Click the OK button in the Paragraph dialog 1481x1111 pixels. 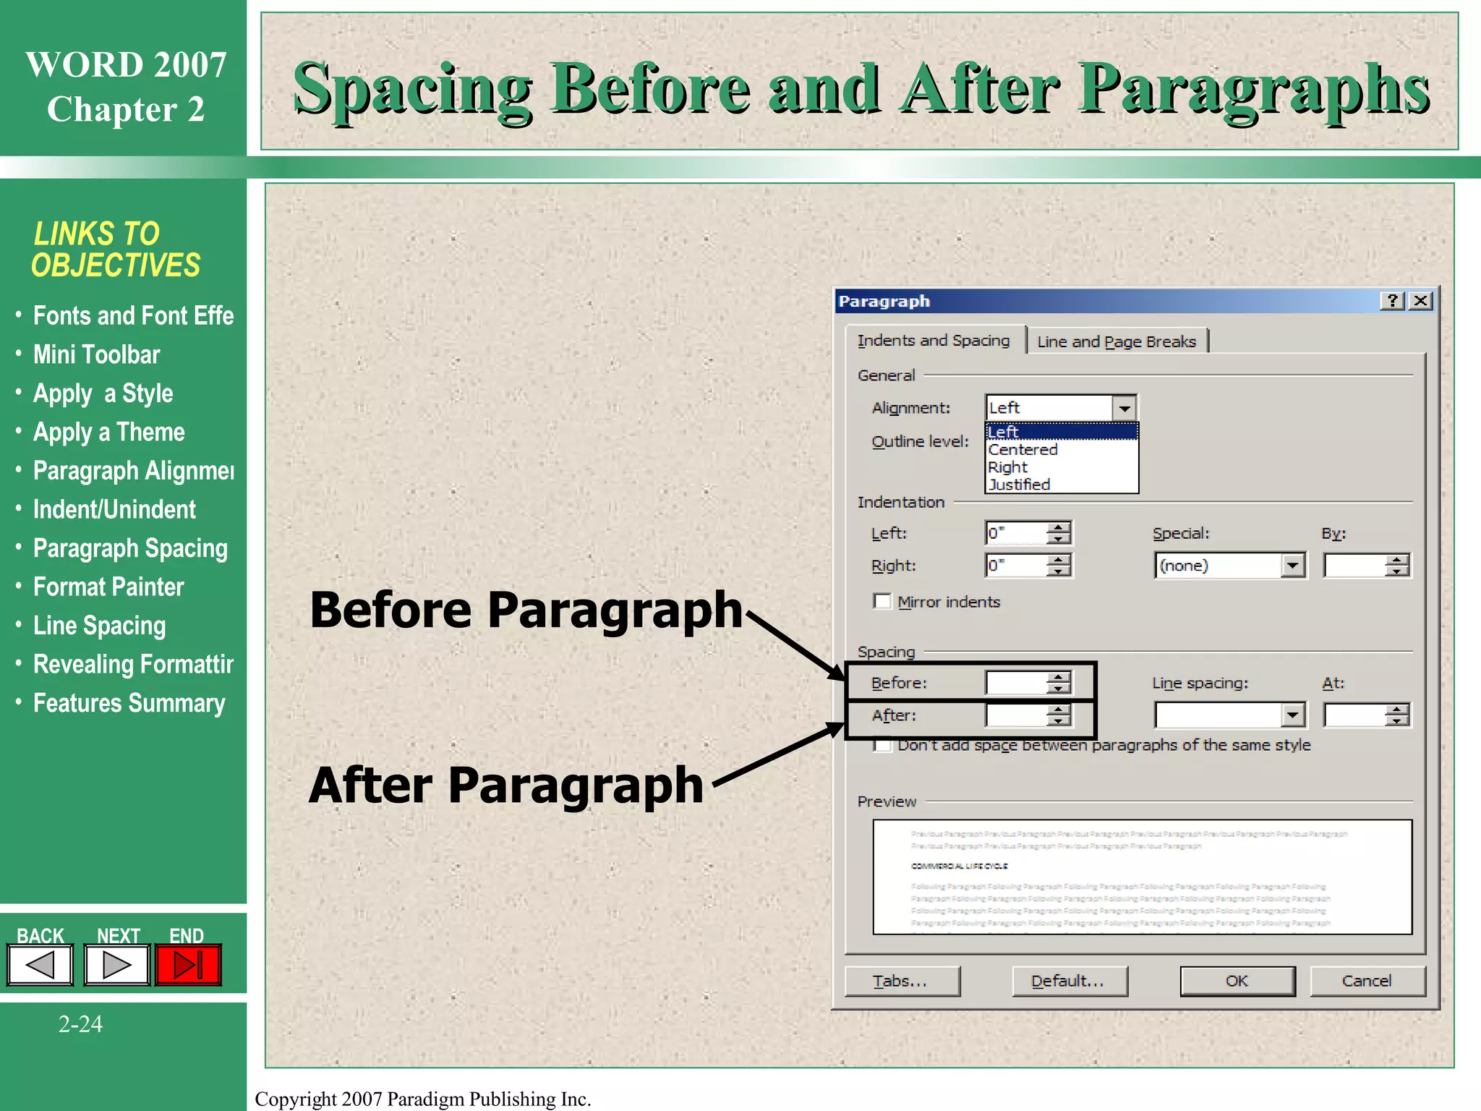(x=1237, y=982)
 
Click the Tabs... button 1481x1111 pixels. (x=902, y=982)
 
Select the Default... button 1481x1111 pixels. (x=1069, y=982)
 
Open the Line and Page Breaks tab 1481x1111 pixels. (x=1116, y=341)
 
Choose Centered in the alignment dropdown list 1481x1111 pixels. (x=1023, y=450)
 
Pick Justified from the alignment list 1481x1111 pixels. (x=1019, y=485)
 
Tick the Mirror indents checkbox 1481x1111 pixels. (x=882, y=602)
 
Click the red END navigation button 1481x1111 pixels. (x=188, y=965)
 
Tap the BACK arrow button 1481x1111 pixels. (x=40, y=965)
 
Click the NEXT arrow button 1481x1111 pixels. (x=116, y=965)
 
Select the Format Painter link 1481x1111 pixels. (x=108, y=587)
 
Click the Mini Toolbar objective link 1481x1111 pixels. (x=96, y=354)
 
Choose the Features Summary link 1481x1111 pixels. (x=129, y=703)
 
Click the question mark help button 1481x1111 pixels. (x=1393, y=301)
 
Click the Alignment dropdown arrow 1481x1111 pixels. (x=1124, y=408)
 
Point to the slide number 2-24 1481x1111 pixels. (x=80, y=1024)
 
